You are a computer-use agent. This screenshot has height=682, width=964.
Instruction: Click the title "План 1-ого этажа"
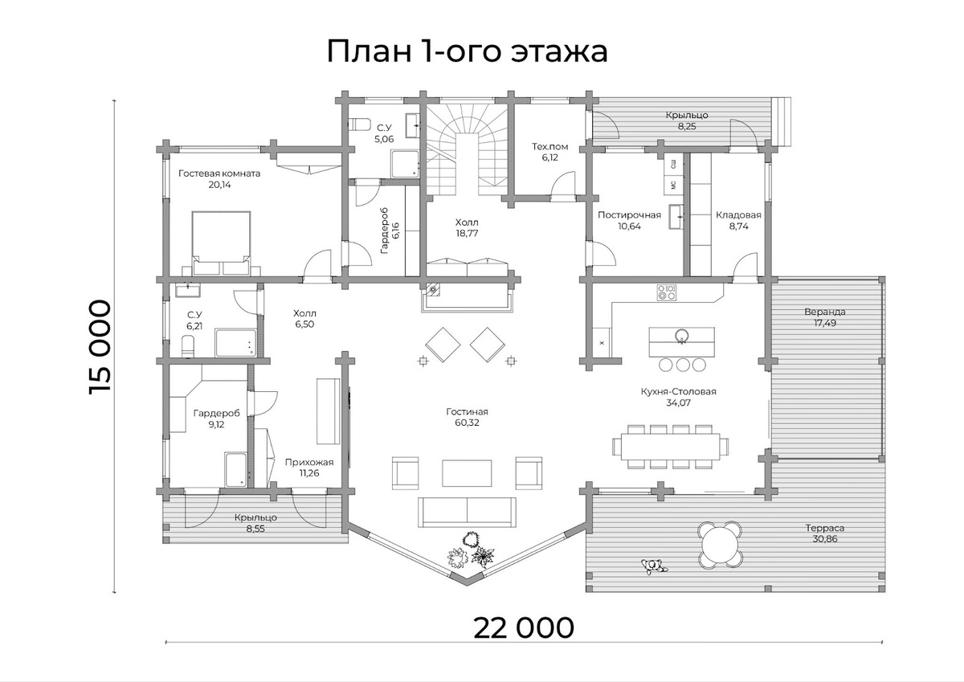467,51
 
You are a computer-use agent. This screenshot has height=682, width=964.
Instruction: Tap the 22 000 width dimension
524,627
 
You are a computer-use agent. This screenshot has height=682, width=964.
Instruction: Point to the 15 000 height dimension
100,346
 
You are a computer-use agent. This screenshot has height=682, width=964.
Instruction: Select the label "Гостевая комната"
219,173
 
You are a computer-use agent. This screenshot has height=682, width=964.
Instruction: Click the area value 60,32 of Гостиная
467,423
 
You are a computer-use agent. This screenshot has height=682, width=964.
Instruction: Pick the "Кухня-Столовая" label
678,392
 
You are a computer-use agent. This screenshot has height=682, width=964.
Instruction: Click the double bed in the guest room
221,237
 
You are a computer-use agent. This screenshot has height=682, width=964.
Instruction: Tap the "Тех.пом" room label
549,147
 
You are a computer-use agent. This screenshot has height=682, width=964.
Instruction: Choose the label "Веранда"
824,312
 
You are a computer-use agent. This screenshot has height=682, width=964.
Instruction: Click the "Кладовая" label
738,215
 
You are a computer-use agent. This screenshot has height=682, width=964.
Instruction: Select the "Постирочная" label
629,215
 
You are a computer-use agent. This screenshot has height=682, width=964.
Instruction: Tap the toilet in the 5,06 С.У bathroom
359,124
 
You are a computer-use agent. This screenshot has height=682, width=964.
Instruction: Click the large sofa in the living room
467,510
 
